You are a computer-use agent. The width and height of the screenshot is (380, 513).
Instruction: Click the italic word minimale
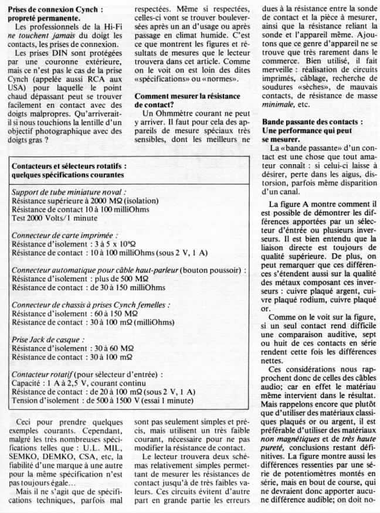coord(279,104)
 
